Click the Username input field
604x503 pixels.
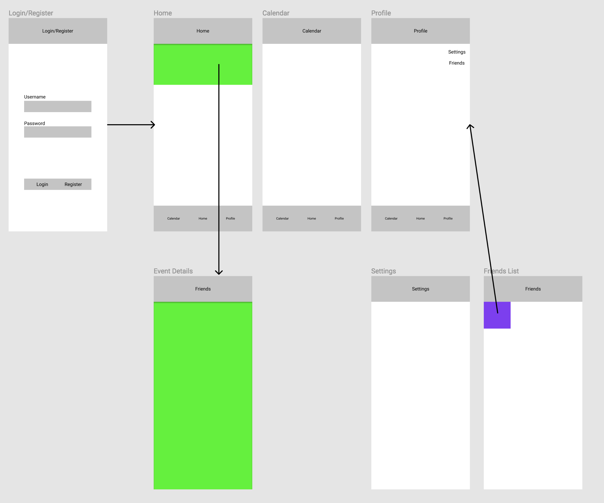click(57, 107)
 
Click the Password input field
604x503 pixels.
click(57, 132)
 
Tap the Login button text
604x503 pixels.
click(42, 184)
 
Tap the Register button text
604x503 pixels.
click(73, 184)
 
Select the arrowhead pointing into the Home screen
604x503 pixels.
click(153, 125)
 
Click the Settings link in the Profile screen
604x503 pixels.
click(457, 52)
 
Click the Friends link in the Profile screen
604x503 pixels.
click(457, 63)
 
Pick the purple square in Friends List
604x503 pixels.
click(497, 315)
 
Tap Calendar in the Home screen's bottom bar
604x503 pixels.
click(173, 218)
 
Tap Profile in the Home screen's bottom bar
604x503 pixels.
click(230, 218)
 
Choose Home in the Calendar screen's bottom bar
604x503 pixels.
click(312, 218)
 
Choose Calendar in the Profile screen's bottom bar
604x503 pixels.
click(391, 218)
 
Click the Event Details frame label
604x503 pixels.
click(173, 271)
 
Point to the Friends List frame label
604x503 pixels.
click(501, 271)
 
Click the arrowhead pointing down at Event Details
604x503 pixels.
click(219, 273)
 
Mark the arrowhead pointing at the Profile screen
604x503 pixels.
click(470, 126)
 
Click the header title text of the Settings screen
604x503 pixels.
click(420, 289)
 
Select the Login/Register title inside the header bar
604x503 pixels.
click(58, 31)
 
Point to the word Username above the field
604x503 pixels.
click(35, 97)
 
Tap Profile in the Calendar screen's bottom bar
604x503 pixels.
click(339, 218)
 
